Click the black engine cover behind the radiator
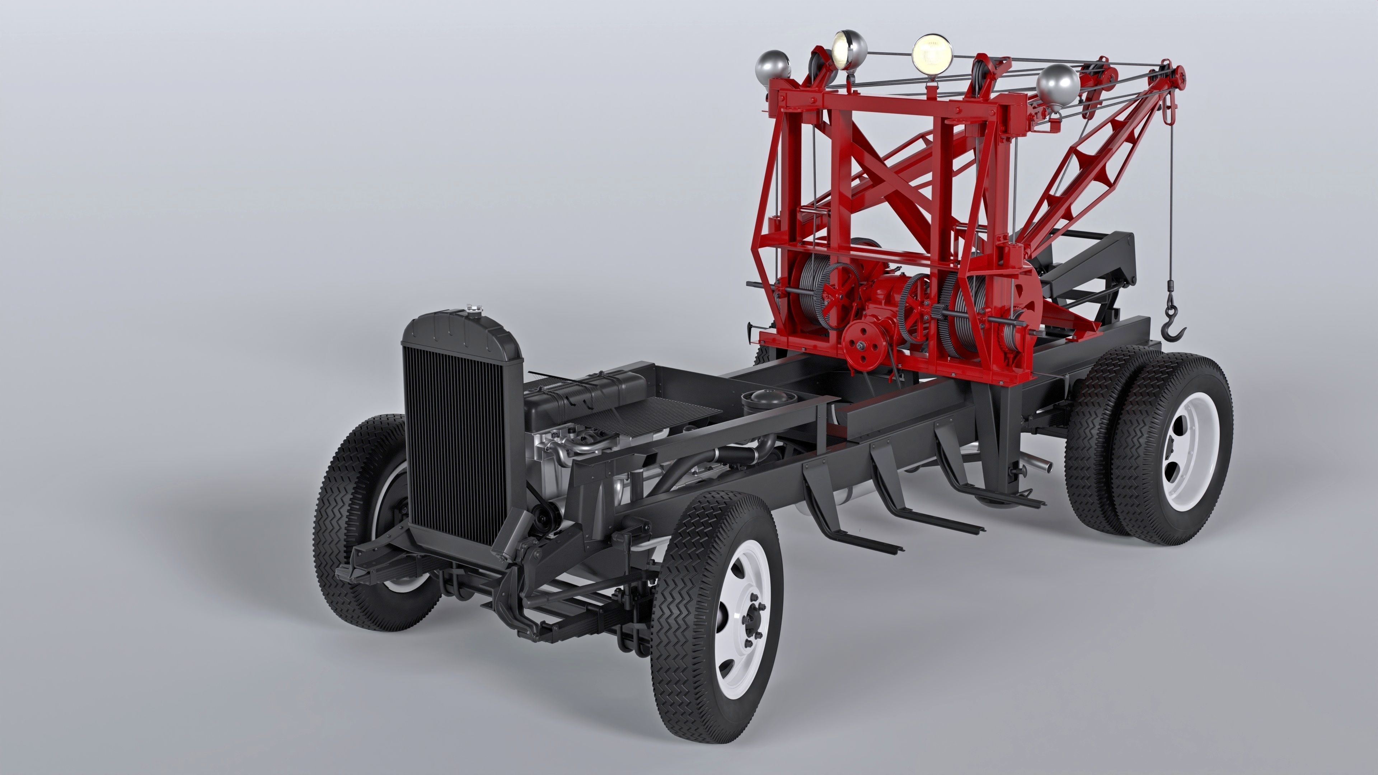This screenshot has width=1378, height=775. click(586, 393)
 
